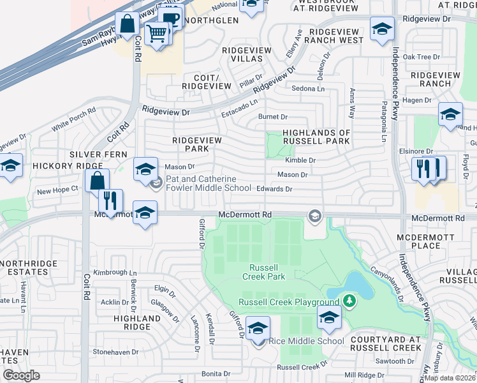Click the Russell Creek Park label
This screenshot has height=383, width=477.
tap(263, 271)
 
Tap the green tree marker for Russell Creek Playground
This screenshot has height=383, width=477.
tap(349, 300)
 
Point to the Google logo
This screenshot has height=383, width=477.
tap(21, 375)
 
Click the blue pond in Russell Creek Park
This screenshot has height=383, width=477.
tap(360, 285)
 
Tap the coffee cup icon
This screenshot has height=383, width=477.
tap(170, 19)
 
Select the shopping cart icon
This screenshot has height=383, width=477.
tap(156, 32)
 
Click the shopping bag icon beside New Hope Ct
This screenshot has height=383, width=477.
tap(96, 181)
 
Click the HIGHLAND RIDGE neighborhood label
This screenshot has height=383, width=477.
tap(136, 322)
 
